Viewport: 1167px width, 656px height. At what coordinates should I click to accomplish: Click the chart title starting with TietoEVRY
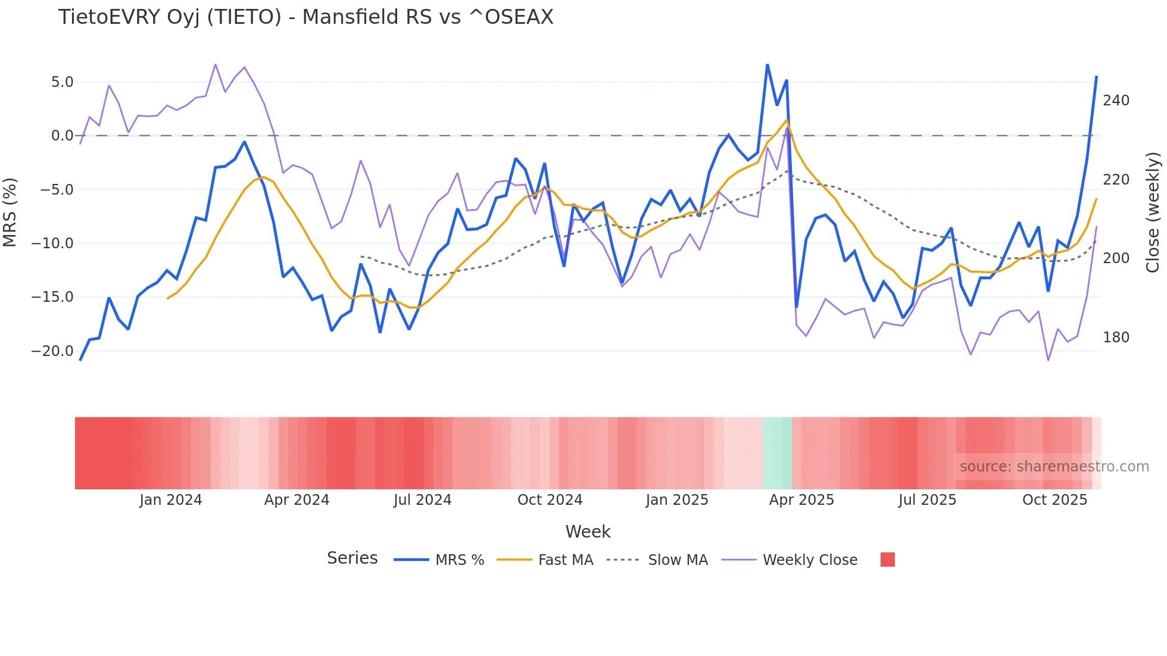[305, 17]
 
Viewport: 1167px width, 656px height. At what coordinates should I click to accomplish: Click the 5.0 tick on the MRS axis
[62, 82]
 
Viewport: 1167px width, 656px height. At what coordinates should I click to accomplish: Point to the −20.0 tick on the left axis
[52, 351]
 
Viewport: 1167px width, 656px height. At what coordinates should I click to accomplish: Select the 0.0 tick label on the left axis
[62, 136]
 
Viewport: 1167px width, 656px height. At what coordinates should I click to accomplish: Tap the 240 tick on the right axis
[1116, 101]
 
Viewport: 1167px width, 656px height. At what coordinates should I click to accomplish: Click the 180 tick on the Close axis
[1116, 338]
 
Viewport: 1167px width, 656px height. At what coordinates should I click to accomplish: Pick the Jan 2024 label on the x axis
[171, 500]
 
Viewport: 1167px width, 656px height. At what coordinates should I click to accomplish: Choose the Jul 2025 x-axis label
[927, 500]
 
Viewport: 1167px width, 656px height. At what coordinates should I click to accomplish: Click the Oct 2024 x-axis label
[550, 500]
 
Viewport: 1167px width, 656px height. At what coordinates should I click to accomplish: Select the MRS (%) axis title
[10, 212]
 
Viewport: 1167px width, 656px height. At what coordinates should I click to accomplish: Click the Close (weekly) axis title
[1153, 212]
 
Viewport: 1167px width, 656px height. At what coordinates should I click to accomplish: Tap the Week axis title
[588, 532]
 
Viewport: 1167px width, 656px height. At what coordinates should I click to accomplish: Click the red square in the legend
[887, 560]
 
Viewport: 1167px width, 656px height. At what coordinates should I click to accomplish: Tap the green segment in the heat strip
[777, 453]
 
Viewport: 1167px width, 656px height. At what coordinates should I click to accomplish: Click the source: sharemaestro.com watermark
[1054, 467]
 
